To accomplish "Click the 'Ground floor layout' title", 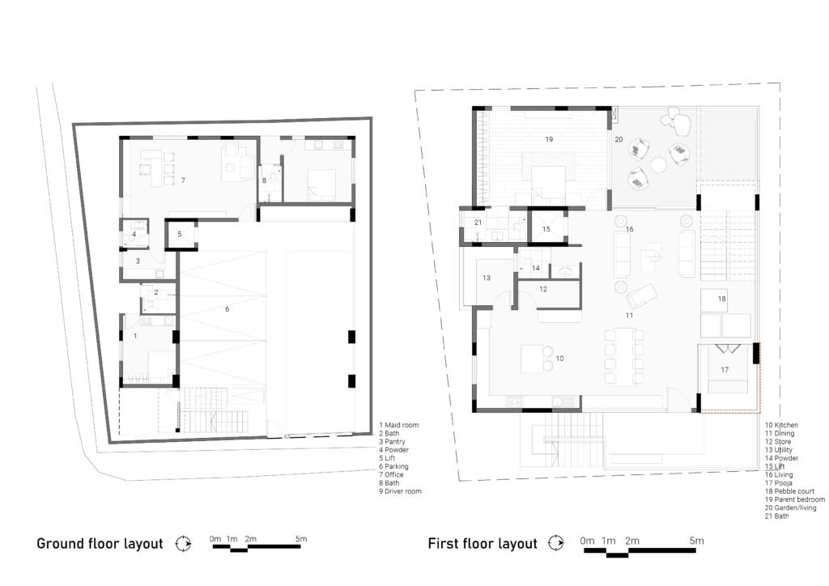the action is (100, 544).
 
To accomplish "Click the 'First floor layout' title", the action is (483, 544).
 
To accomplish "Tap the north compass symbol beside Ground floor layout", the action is (184, 544).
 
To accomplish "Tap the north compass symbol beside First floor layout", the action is (555, 543).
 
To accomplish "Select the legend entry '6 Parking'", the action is (393, 466).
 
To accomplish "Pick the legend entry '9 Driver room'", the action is (400, 491).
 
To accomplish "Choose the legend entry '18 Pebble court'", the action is (789, 491).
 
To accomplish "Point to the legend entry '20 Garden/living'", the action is (790, 507).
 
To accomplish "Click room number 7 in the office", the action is (183, 180).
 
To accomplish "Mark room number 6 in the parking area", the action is (227, 309).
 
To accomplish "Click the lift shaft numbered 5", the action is (180, 234).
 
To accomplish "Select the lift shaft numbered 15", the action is (546, 229).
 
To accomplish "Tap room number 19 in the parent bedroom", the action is (549, 139).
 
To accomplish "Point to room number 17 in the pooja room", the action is (725, 370).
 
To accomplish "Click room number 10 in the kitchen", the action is (559, 359).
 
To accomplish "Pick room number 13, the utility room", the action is (487, 278).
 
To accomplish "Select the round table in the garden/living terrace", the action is (659, 165).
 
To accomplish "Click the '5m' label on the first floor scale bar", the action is (697, 541).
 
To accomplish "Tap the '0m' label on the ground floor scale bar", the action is (215, 539).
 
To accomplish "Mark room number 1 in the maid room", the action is (135, 336).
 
